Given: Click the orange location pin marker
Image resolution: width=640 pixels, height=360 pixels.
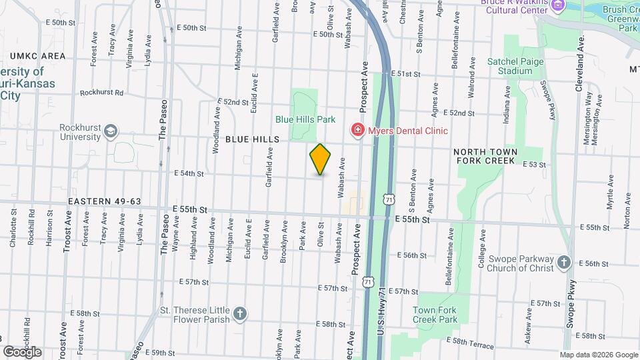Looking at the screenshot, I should click(321, 159).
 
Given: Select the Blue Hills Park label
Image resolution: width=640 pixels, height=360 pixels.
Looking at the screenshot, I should click(305, 120).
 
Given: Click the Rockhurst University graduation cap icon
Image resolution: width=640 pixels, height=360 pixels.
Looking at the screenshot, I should click(109, 133).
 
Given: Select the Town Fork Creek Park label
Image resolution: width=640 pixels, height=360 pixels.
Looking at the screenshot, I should click(435, 315).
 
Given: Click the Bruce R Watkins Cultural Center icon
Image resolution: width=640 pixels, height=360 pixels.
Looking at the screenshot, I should click(557, 5).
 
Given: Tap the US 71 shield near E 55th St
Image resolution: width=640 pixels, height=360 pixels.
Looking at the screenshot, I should click(388, 198).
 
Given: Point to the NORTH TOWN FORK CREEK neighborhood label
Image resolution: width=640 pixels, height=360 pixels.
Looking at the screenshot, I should click(485, 156).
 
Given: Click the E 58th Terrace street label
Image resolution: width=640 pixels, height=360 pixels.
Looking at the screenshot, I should click(471, 343).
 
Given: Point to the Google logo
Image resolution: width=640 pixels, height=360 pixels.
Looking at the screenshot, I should click(21, 351).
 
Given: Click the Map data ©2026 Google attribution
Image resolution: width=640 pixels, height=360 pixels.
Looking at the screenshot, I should click(598, 355).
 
